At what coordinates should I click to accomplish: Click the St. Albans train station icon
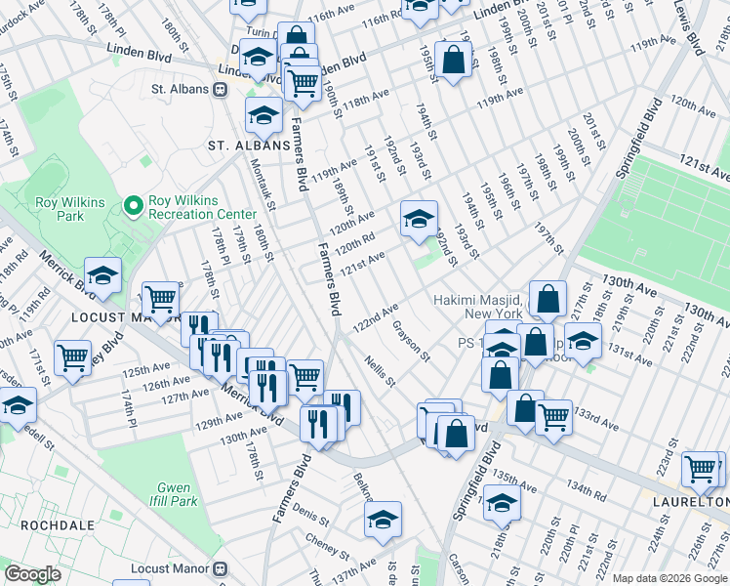click(221, 89)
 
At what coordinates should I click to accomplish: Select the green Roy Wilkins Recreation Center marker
click(135, 205)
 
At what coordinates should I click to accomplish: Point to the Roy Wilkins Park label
click(60, 210)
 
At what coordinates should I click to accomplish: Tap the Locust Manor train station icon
click(222, 567)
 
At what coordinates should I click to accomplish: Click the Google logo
click(32, 574)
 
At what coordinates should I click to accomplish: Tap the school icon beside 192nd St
click(419, 220)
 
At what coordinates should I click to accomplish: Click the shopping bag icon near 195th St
click(454, 61)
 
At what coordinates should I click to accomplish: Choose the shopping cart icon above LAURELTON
click(701, 469)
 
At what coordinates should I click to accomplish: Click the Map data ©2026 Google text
click(669, 577)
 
